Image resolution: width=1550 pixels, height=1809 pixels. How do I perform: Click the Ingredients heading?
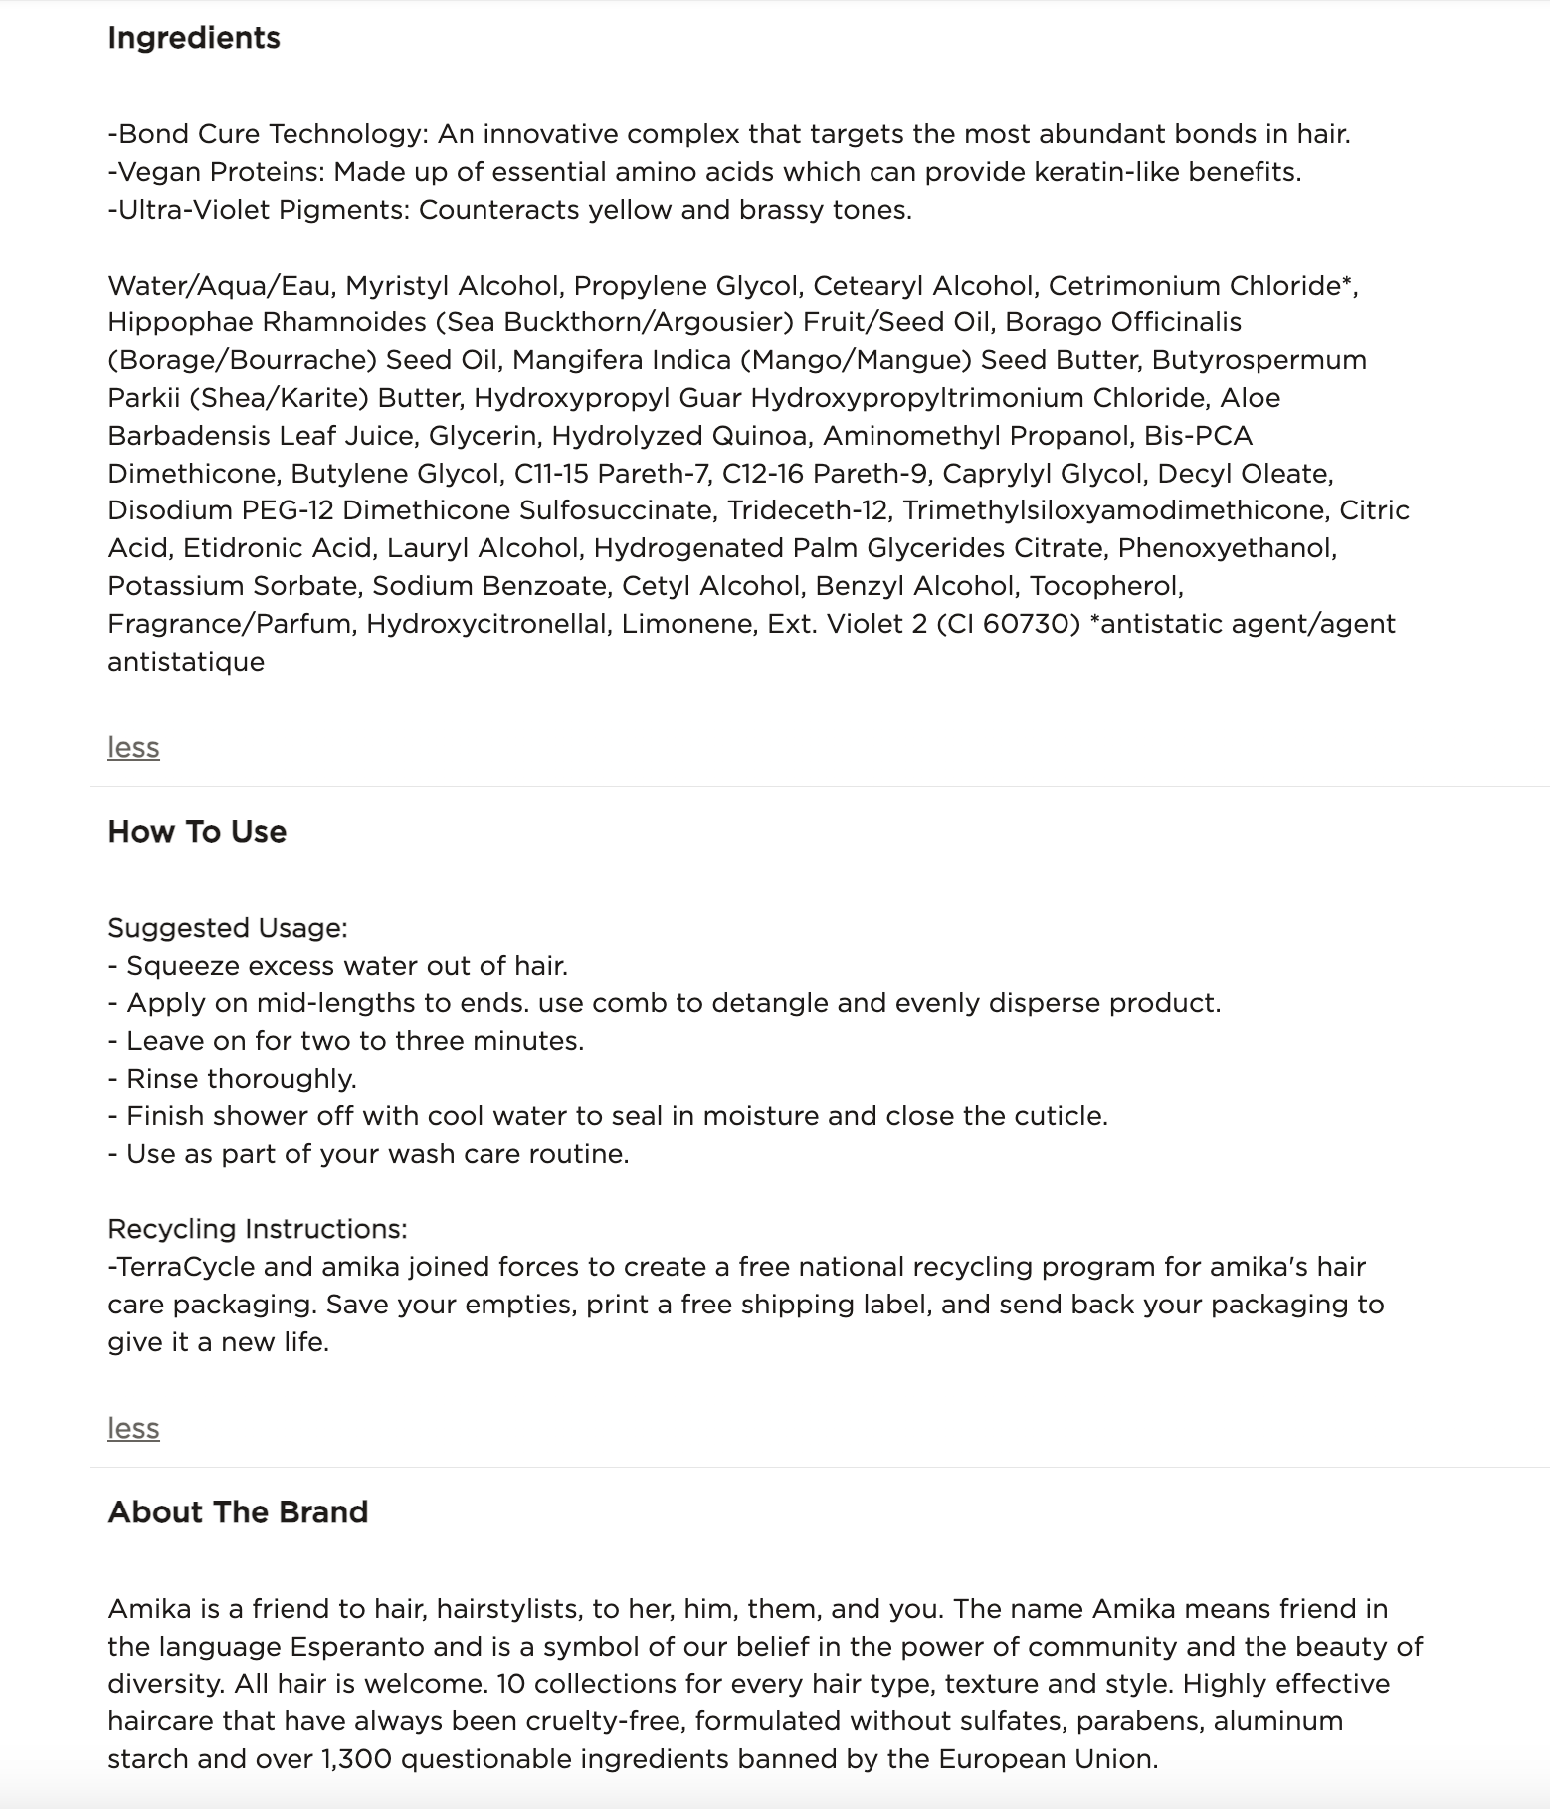tap(194, 38)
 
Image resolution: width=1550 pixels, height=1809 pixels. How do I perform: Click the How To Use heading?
tap(197, 832)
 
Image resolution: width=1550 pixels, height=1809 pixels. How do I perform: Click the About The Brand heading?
tap(238, 1512)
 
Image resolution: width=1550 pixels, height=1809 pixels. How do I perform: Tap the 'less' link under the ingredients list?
tap(133, 747)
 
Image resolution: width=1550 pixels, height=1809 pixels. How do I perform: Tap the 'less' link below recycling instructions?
tap(133, 1428)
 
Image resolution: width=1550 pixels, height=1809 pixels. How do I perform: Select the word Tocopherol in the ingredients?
tap(1105, 586)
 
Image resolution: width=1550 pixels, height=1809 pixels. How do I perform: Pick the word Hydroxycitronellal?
tap(486, 624)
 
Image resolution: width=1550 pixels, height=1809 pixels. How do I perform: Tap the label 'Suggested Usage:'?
tap(228, 928)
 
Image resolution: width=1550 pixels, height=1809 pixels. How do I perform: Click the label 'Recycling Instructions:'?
tap(258, 1229)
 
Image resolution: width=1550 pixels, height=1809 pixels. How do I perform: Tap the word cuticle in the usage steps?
tap(1058, 1116)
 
